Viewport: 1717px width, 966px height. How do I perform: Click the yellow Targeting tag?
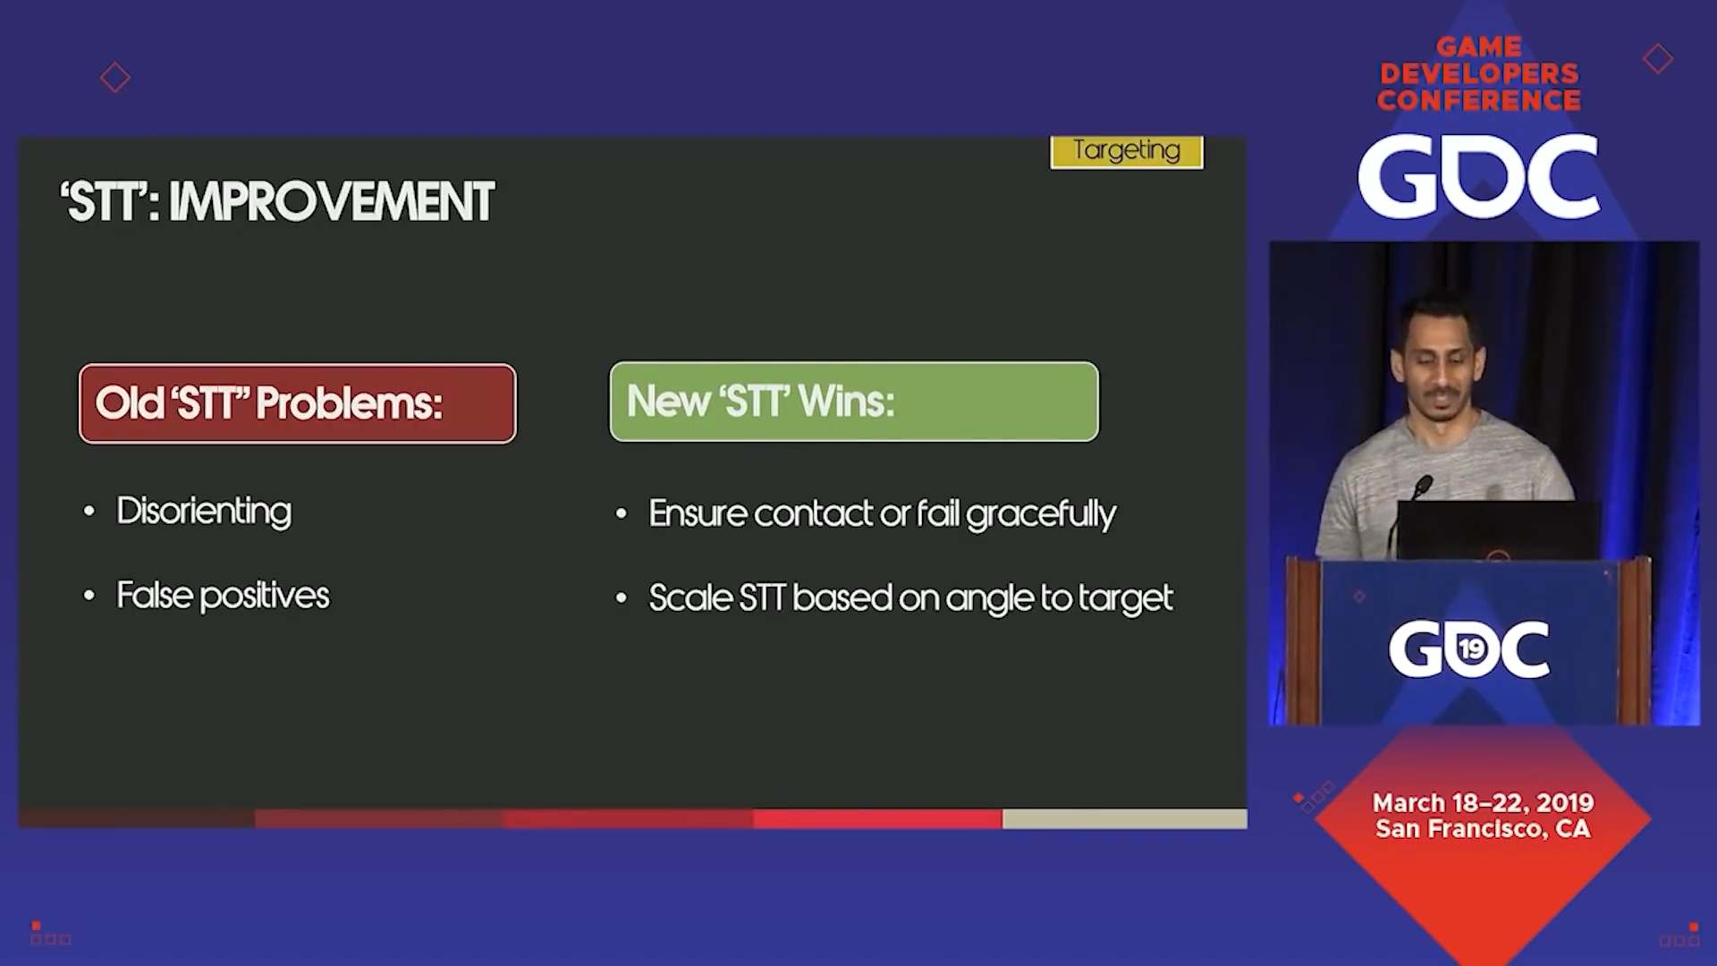tap(1127, 151)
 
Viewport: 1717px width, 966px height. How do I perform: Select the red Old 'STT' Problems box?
tap(298, 403)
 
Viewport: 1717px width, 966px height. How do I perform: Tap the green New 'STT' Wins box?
tap(854, 402)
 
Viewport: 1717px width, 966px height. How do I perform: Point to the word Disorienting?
tap(204, 512)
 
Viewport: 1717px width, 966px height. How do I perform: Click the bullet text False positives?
tap(223, 596)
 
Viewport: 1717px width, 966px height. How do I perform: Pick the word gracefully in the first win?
tap(1041, 514)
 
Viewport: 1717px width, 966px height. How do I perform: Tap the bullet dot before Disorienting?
tap(89, 512)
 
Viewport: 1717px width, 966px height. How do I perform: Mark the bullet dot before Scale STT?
tap(622, 598)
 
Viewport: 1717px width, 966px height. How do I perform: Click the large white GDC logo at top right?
tap(1479, 176)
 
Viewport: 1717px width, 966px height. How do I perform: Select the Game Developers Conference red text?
tap(1479, 73)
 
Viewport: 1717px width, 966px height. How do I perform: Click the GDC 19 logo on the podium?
tap(1469, 648)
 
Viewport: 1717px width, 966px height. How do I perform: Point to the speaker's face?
tap(1439, 360)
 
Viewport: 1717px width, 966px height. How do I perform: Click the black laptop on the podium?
tap(1499, 531)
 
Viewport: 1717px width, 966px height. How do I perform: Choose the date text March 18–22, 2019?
tap(1483, 802)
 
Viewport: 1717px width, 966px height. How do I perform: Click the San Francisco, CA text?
tap(1483, 829)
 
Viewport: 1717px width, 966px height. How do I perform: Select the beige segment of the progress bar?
tap(1125, 818)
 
